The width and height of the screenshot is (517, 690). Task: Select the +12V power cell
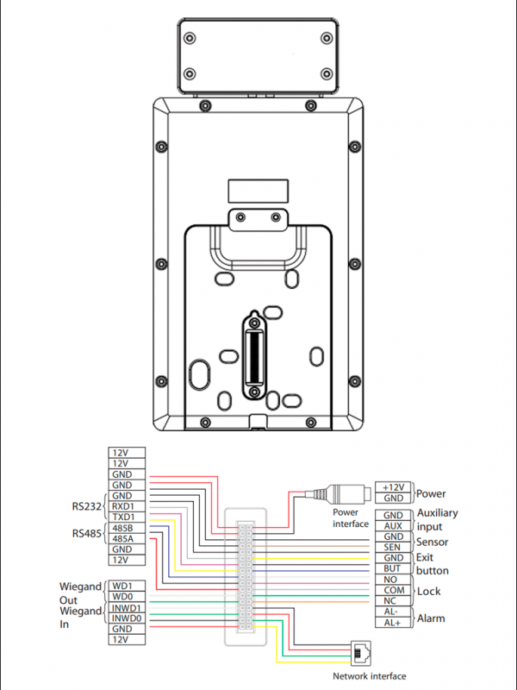click(393, 487)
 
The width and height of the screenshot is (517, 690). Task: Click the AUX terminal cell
click(393, 526)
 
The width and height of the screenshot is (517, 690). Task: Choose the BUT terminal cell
click(393, 569)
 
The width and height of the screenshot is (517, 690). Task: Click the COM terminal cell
click(393, 590)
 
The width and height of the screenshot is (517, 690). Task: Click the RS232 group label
click(84, 507)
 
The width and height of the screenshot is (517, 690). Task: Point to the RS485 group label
click(84, 533)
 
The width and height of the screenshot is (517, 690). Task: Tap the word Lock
click(429, 591)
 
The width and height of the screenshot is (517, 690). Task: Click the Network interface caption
click(369, 676)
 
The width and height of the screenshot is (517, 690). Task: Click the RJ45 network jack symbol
click(359, 650)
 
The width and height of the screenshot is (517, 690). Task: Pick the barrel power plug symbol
click(343, 494)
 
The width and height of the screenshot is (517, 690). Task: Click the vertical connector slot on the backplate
click(253, 354)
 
